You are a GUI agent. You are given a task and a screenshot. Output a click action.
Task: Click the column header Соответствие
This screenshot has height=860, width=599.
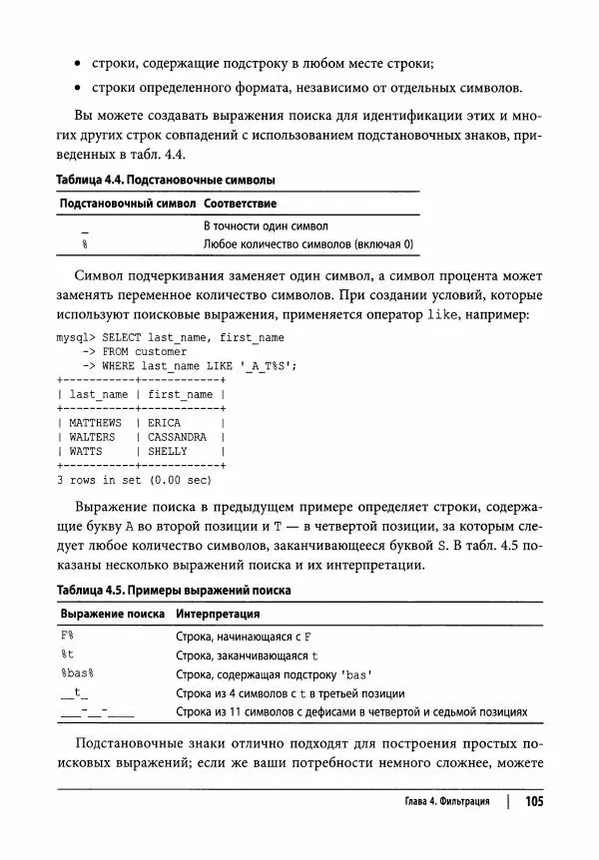[240, 203]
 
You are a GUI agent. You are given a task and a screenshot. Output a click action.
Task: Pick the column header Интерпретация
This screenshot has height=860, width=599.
[218, 614]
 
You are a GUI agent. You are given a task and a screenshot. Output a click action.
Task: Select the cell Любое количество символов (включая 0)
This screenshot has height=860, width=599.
[307, 243]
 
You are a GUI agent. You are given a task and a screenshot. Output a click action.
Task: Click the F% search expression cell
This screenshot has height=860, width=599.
[69, 636]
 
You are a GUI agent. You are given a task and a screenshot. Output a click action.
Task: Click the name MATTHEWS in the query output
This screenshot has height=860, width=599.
[96, 423]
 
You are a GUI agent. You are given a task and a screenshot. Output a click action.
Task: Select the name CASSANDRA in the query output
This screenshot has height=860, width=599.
[177, 437]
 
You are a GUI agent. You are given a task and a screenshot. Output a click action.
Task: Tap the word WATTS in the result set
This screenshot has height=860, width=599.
[86, 451]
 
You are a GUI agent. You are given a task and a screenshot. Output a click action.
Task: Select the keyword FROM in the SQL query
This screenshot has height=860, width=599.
[116, 351]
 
